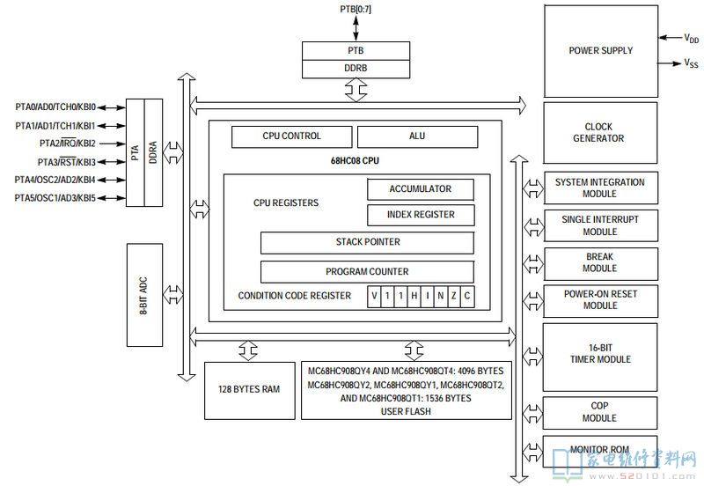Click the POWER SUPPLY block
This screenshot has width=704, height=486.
click(601, 51)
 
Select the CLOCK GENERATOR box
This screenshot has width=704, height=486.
click(600, 132)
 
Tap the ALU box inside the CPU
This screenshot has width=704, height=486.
click(417, 136)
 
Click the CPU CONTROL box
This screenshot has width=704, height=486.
click(292, 136)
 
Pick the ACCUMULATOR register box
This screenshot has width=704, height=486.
click(421, 189)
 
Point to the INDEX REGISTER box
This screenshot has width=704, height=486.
click(421, 215)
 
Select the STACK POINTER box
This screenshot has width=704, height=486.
click(367, 242)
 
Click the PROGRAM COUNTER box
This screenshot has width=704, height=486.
click(367, 272)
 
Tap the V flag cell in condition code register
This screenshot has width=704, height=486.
click(374, 296)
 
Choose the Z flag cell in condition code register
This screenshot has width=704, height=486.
click(454, 296)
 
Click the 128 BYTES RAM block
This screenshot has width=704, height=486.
click(250, 390)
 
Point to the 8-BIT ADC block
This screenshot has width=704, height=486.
click(144, 295)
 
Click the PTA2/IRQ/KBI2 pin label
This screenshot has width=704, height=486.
click(68, 144)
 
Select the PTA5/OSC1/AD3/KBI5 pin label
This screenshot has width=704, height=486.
click(55, 197)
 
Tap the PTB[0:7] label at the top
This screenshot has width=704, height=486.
click(356, 9)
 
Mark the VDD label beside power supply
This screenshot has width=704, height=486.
click(692, 38)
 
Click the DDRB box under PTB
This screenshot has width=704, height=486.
click(356, 69)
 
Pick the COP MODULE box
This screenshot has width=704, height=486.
click(600, 412)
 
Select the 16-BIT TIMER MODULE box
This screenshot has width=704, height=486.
click(600, 357)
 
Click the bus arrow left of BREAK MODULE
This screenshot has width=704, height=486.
click(533, 264)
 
